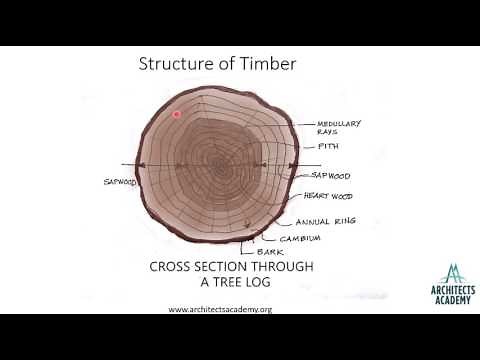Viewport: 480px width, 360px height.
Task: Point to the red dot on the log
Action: point(177,114)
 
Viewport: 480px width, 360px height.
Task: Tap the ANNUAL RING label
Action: point(346,220)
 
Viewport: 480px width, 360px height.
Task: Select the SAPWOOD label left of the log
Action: point(119,182)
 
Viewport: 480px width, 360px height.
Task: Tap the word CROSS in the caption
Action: point(172,268)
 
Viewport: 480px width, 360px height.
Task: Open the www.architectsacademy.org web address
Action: point(220,309)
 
